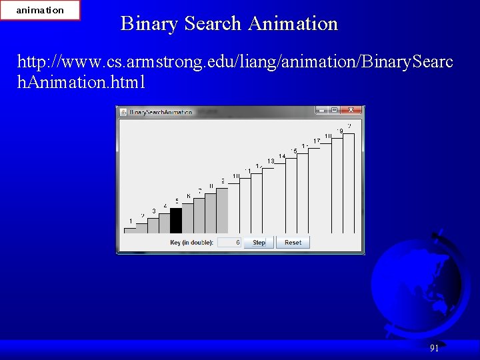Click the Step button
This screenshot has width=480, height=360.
(x=259, y=243)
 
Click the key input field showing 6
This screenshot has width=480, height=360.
(x=229, y=243)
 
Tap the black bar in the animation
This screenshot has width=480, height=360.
(x=176, y=221)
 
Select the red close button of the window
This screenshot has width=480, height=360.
(x=353, y=111)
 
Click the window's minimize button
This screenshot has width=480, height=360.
(x=323, y=111)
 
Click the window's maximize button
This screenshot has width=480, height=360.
(x=335, y=111)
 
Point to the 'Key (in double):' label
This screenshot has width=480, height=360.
(x=191, y=243)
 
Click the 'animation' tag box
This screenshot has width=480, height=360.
(x=40, y=10)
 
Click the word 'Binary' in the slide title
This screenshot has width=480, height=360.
(x=149, y=24)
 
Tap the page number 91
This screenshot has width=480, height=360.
(x=434, y=348)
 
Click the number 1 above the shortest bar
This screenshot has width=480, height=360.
(x=131, y=221)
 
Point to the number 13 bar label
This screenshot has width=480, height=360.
(x=271, y=161)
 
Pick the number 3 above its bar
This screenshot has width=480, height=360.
(x=154, y=211)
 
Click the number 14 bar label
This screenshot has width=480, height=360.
(x=282, y=156)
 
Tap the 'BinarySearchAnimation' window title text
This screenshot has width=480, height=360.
(x=161, y=112)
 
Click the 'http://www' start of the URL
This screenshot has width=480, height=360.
(x=50, y=63)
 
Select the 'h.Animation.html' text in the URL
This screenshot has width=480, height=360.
(x=81, y=83)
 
